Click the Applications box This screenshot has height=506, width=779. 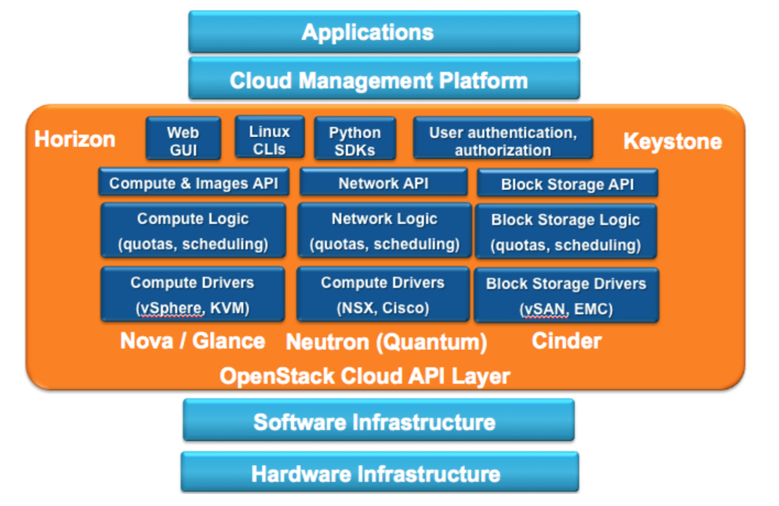[384, 32]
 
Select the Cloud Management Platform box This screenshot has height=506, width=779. [384, 79]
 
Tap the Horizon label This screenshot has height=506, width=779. [74, 139]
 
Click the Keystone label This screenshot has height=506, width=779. [672, 141]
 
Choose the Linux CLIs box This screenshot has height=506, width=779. [269, 139]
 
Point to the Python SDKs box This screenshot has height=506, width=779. [354, 140]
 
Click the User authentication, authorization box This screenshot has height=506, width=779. [503, 140]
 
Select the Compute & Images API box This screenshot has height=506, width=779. [194, 183]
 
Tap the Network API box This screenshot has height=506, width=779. [384, 183]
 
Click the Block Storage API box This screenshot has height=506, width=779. [567, 184]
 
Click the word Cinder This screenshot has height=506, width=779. [567, 341]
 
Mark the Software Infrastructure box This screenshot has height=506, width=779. [379, 421]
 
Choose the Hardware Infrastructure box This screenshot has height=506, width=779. [380, 473]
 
